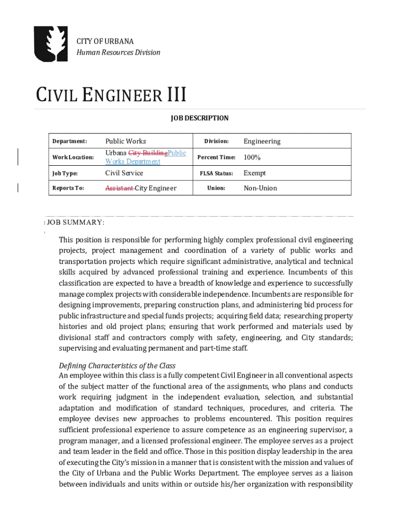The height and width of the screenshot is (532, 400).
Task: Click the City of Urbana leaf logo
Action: point(50,44)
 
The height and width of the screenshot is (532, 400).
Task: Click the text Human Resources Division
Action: point(118,52)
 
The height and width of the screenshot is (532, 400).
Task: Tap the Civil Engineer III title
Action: point(111,96)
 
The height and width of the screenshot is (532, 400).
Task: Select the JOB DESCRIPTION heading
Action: point(200,118)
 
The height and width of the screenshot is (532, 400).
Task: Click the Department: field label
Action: point(70,141)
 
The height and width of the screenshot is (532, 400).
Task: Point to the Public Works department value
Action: point(126,141)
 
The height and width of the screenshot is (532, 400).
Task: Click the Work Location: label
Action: point(73,157)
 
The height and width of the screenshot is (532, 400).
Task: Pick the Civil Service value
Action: point(124,173)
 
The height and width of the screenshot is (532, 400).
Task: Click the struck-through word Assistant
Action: point(119,188)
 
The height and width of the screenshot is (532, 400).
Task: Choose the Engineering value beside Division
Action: point(262,141)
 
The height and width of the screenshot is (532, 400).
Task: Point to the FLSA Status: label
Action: point(217,173)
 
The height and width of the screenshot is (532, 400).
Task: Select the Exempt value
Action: point(255,173)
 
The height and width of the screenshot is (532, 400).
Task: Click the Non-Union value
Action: point(260,188)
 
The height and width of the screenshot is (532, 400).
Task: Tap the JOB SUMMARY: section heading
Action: point(76,222)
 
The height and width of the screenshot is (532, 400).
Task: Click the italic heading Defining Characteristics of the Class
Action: point(117,366)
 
